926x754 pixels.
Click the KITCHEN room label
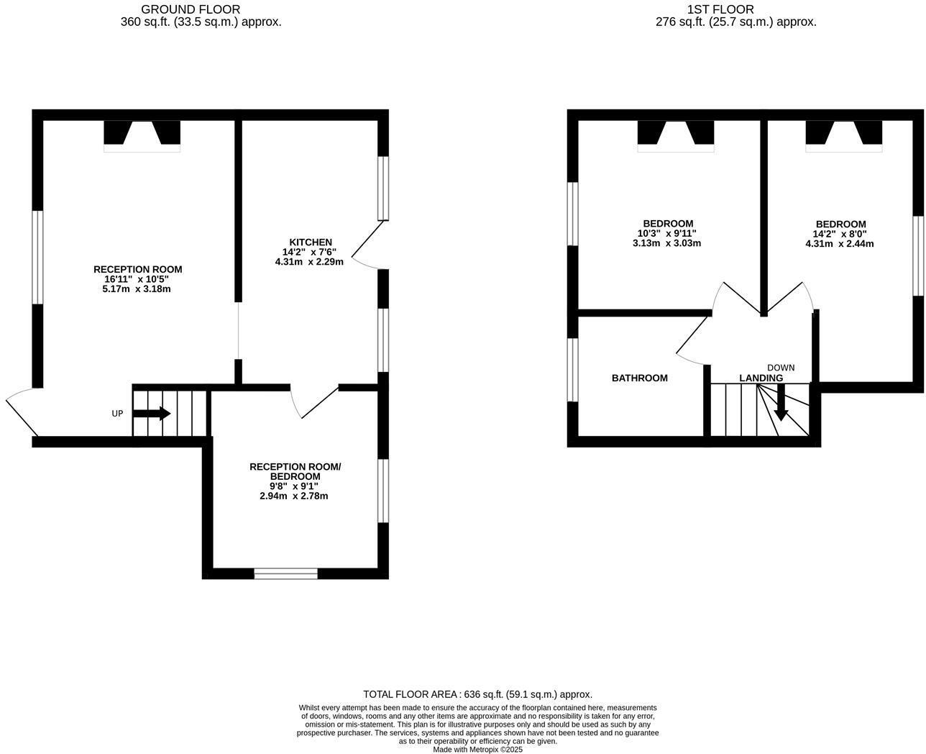click(x=311, y=242)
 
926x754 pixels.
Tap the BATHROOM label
click(x=639, y=378)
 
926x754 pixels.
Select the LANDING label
click(x=761, y=378)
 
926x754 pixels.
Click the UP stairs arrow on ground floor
click(x=152, y=414)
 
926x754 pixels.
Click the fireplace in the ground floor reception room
click(x=142, y=135)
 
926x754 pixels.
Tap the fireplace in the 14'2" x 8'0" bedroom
click(x=843, y=135)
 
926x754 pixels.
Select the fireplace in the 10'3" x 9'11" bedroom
click(x=675, y=135)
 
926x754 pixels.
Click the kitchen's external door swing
click(x=368, y=245)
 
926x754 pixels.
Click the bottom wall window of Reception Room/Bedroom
click(x=285, y=573)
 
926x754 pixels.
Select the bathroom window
click(x=573, y=369)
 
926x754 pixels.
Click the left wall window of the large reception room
click(x=37, y=257)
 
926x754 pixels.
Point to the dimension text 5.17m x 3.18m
click(x=137, y=289)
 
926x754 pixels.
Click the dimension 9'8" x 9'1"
click(x=295, y=486)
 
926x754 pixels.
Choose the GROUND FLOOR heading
click(x=191, y=9)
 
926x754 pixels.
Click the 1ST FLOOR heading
click(x=720, y=9)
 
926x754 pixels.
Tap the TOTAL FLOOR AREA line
click(x=477, y=694)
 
